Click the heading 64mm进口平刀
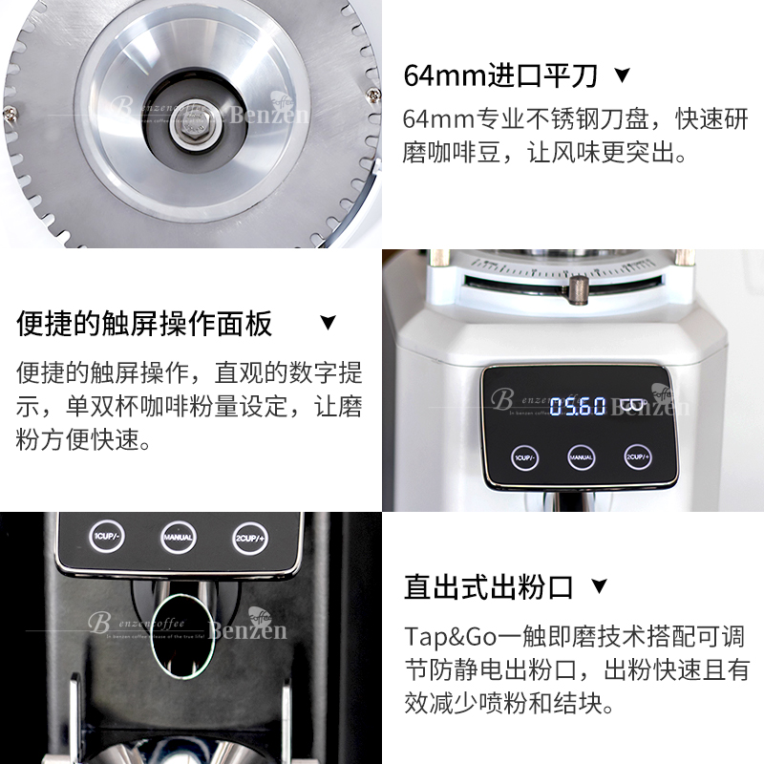[x=502, y=74]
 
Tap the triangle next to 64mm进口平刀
[x=622, y=74]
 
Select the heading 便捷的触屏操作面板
[x=144, y=323]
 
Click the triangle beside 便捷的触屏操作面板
[x=329, y=323]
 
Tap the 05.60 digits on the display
[x=577, y=405]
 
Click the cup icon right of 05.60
[x=631, y=405]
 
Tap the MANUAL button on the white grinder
[x=582, y=456]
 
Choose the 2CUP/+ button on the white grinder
[x=637, y=456]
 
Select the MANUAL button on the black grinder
[x=178, y=537]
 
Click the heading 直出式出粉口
[x=488, y=585]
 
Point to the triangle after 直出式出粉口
[x=599, y=585]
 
